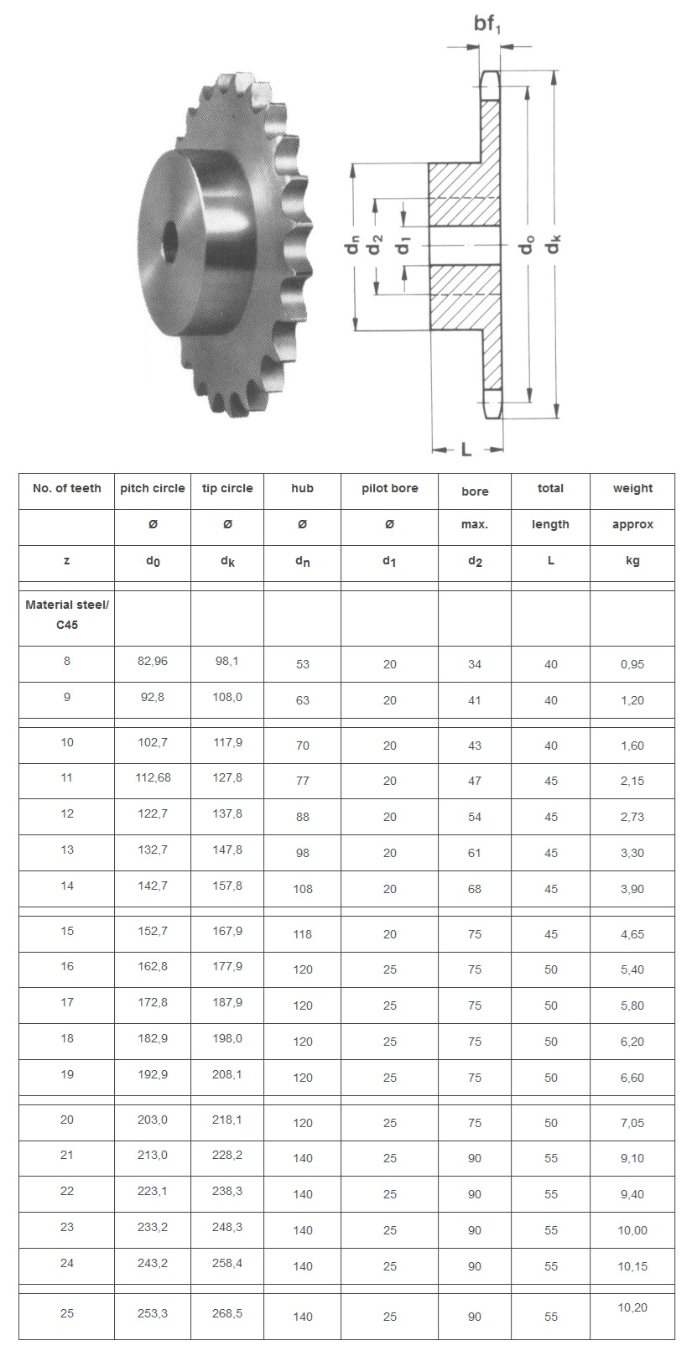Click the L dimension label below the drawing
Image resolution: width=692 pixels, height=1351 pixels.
click(466, 449)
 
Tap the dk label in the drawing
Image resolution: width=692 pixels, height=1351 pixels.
click(554, 244)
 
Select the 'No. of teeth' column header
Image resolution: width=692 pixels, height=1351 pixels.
click(67, 488)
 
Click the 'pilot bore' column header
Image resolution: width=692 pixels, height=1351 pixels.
click(389, 488)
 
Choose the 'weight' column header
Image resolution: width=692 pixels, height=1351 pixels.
click(632, 488)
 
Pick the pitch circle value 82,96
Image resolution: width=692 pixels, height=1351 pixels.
click(153, 661)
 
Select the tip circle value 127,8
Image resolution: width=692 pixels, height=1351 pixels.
click(227, 777)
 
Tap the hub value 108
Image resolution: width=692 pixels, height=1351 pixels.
click(302, 889)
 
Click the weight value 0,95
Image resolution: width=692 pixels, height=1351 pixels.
click(632, 664)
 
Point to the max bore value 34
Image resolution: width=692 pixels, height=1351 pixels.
click(475, 664)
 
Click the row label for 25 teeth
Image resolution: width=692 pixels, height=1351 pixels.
click(67, 1312)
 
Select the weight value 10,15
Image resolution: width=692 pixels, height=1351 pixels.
click(632, 1266)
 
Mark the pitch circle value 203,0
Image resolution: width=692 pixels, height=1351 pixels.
click(153, 1120)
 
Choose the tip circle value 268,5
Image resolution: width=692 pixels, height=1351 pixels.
click(227, 1312)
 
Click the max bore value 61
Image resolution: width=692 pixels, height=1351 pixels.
click(475, 853)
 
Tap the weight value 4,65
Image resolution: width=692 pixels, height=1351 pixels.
click(632, 934)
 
